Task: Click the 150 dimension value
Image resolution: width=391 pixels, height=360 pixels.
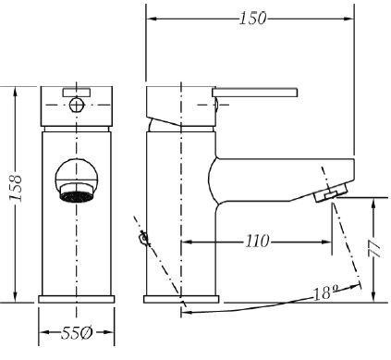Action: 252,19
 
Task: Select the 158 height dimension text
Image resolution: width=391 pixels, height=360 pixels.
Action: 16,189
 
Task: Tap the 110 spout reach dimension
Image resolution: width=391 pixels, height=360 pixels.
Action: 257,241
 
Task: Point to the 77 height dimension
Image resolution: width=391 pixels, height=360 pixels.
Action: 374,247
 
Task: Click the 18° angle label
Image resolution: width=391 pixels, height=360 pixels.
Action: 325,292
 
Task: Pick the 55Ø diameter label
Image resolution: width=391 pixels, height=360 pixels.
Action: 77,333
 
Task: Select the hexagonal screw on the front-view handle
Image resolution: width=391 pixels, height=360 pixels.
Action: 77,105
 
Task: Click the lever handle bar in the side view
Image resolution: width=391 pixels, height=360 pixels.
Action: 255,93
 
